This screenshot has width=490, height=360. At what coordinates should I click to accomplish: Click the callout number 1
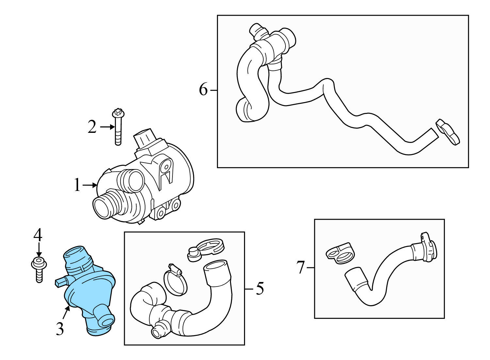point(77,185)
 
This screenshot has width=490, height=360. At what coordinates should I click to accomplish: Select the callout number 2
point(92,127)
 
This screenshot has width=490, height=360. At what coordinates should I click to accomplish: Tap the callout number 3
point(59,329)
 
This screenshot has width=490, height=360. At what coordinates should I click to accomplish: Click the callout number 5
point(259,289)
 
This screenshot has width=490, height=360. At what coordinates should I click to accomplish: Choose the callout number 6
point(203,89)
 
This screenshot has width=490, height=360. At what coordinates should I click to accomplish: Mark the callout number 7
point(300,267)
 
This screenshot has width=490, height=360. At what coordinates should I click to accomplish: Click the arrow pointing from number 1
point(90,185)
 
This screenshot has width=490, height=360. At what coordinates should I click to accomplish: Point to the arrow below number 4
point(39,249)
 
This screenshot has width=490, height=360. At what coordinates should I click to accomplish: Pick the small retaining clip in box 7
point(340,252)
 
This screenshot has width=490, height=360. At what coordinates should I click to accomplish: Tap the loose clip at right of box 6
point(448,132)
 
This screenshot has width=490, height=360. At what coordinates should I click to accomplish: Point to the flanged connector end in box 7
point(425,248)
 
